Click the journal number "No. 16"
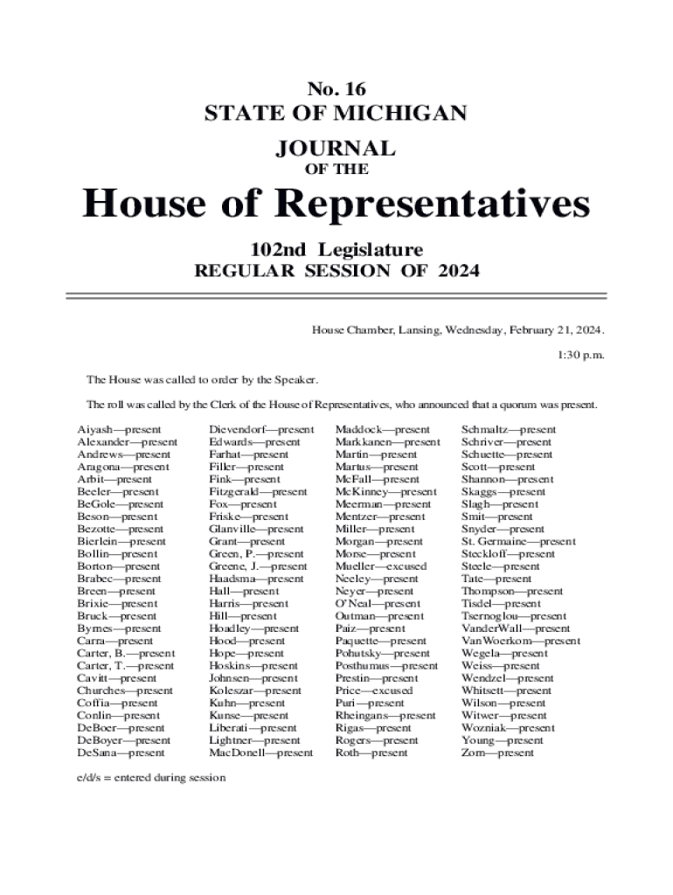pos(336,88)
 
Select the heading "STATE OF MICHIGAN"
pos(336,114)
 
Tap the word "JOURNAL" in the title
pos(336,148)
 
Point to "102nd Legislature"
pos(336,248)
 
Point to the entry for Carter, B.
pos(125,653)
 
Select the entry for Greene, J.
pos(258,566)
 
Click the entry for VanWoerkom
pos(520,641)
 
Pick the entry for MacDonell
pos(260,753)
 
